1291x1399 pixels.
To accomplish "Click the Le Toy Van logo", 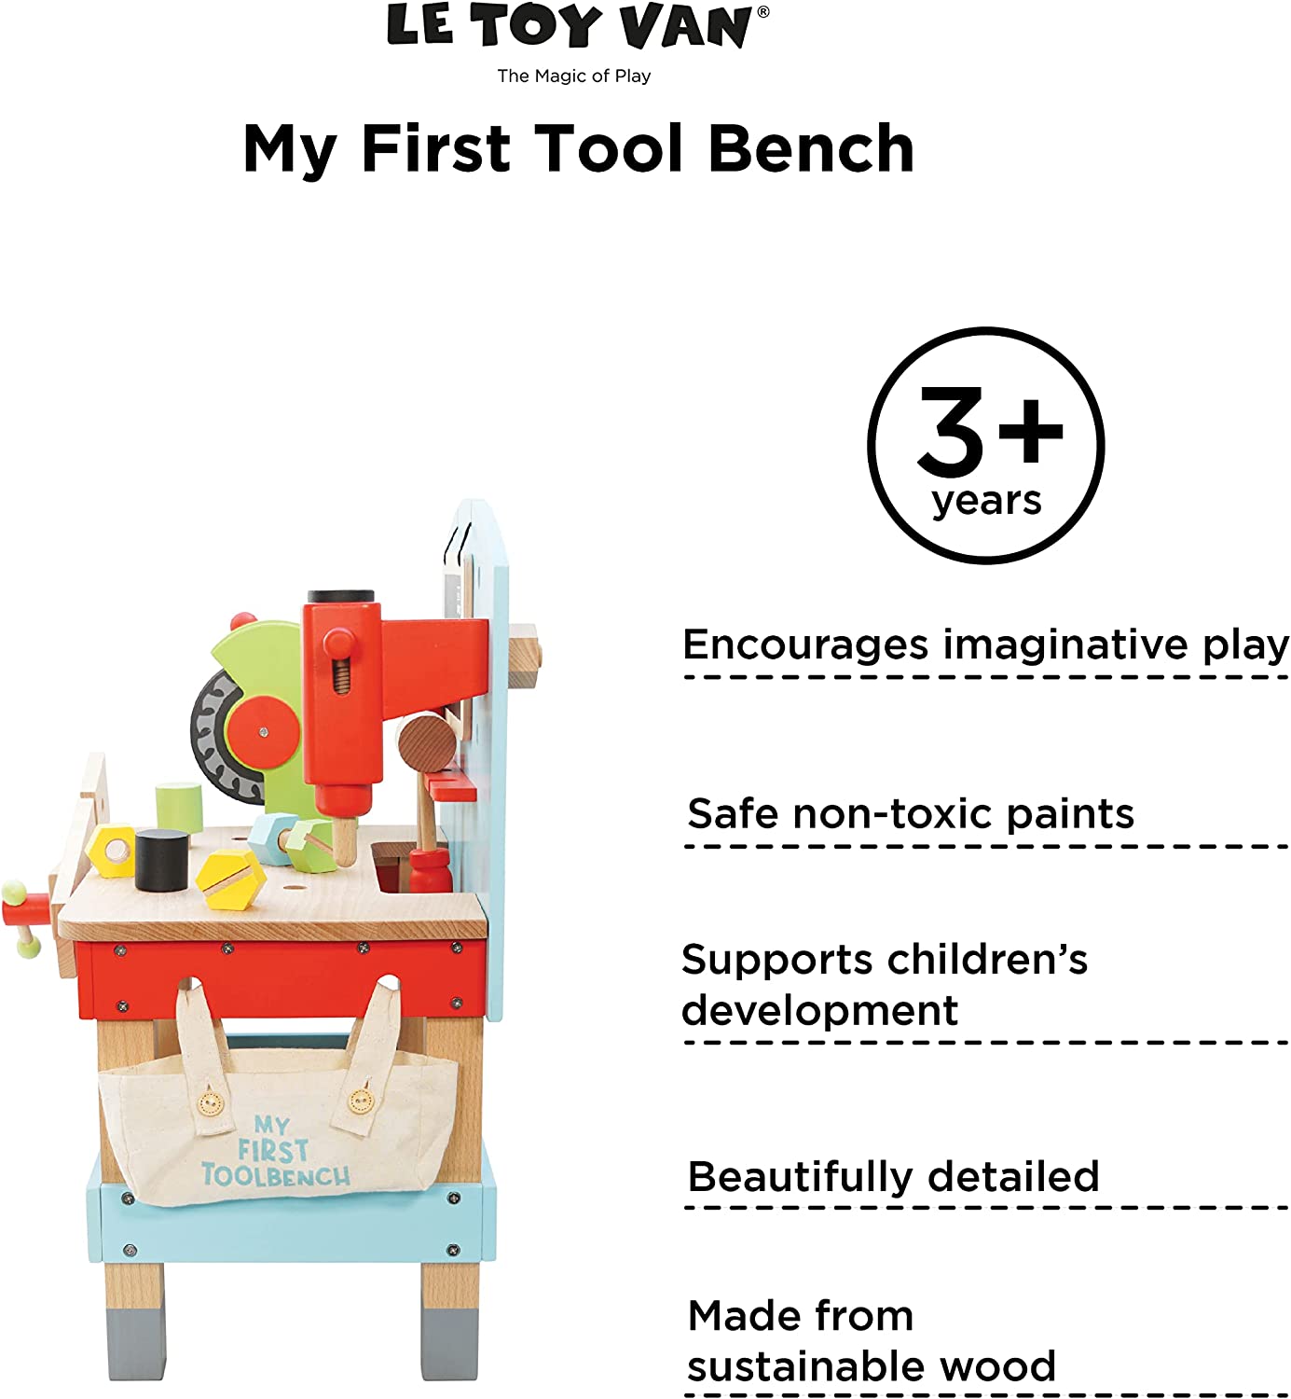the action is pyautogui.click(x=578, y=25).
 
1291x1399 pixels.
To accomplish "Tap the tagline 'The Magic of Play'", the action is pyautogui.click(x=574, y=76).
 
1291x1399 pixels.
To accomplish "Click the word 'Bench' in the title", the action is pyautogui.click(x=811, y=148).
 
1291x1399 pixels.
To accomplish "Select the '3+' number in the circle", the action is pyautogui.click(x=990, y=432).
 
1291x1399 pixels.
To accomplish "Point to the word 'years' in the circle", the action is pyautogui.click(x=986, y=501).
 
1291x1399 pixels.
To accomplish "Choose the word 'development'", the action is pyautogui.click(x=820, y=1011).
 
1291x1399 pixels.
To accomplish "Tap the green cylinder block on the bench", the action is pyautogui.click(x=179, y=807).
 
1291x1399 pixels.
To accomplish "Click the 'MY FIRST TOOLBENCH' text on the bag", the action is pyautogui.click(x=274, y=1150).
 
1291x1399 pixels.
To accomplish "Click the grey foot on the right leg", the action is pyautogui.click(x=450, y=1343).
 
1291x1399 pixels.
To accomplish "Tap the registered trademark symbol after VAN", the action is pyautogui.click(x=763, y=11).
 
